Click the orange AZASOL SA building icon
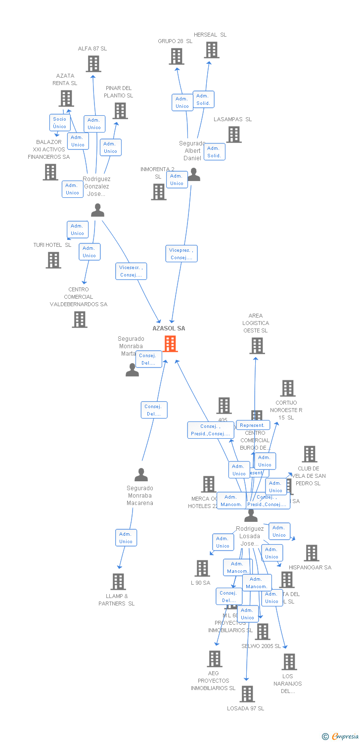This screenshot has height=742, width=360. pos(170,344)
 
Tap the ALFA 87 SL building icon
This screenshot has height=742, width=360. pos(93,64)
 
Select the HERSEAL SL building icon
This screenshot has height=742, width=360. pos(212,50)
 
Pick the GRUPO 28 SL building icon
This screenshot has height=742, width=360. pos(177,56)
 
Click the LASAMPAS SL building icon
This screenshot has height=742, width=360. pos(234,135)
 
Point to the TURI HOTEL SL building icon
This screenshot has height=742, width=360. pos(53,260)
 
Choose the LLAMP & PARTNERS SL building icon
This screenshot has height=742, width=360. pos(118,582)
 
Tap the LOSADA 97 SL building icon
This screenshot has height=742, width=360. pos(247,694)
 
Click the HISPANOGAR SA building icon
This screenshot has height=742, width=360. pos(312,553)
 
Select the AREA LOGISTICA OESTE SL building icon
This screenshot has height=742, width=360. pos(257,346)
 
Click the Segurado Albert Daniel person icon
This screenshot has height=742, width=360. pos(194,175)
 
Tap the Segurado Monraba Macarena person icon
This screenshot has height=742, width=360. pos(141,475)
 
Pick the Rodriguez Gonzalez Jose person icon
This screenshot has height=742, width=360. pos(98,211)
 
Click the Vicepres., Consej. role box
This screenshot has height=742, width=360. pos(182,254)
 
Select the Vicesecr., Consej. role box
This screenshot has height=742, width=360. pos(131,271)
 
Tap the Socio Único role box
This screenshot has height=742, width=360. pos(59,123)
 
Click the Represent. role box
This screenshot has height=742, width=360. pos(253,425)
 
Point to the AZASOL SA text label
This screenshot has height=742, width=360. pos(169,328)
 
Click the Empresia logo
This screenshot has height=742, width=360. pos(342,736)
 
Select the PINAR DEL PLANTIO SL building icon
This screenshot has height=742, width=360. pos(120,111)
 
